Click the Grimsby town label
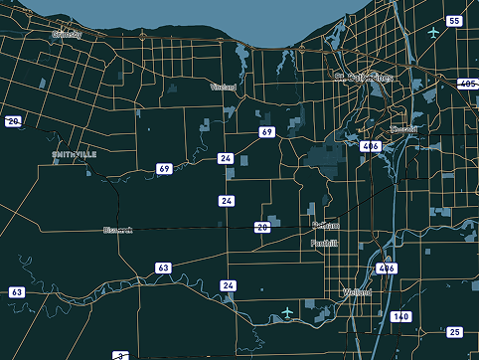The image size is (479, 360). pos(66,34)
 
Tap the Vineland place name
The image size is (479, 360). pos(224,87)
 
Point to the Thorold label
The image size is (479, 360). pos(404,128)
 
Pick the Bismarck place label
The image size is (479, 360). pos(117,231)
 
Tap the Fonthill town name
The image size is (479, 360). pos(324,243)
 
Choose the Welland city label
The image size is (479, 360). pos(356,292)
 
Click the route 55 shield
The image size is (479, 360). pos(454,21)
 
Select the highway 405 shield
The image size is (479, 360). pos(467,85)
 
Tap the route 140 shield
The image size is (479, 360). pos(400,316)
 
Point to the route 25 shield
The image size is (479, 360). pos(454,332)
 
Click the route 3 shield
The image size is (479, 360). pos(118,355)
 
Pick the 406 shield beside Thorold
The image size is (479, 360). pos(372,146)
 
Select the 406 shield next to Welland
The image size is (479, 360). pos(387,269)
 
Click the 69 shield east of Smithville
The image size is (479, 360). pos(164,169)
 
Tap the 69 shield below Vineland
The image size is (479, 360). pos(266,132)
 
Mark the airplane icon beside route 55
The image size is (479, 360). pos(433,32)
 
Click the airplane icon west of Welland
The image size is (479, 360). pos(288,312)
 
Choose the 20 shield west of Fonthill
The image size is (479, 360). pos(262,227)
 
